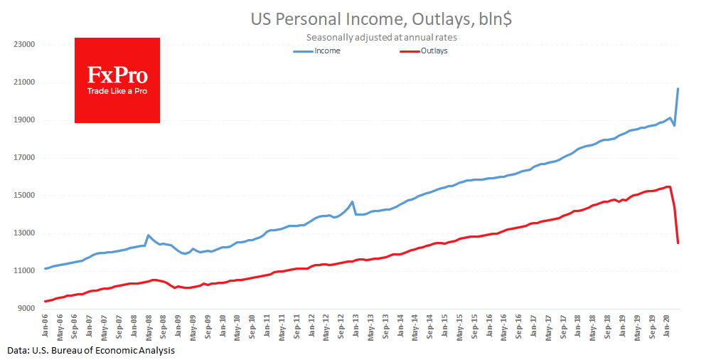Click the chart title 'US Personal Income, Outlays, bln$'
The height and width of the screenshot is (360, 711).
[x=381, y=19]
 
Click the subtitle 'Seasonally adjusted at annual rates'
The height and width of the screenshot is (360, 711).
[x=381, y=37]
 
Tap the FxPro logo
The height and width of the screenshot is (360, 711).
[x=117, y=80]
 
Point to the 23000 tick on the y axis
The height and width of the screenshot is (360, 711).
[x=24, y=45]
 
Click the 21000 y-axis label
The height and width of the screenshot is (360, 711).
[x=24, y=83]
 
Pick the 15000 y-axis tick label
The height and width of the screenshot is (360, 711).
[x=24, y=196]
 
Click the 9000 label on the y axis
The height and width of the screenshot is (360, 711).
[x=26, y=309]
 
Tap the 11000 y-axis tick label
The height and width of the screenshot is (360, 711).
[x=24, y=271]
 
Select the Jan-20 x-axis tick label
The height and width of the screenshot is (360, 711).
[x=667, y=324]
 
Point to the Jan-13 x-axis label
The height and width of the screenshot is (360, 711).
[x=356, y=324]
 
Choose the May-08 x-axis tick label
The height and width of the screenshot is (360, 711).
[x=149, y=324]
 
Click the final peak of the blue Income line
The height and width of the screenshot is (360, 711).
[x=678, y=88]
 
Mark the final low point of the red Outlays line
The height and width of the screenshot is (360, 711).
[x=678, y=243]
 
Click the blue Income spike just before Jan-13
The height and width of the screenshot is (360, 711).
[x=352, y=202]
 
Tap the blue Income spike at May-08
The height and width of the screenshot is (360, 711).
[x=148, y=235]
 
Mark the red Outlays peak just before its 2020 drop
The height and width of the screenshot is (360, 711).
[x=669, y=186]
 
